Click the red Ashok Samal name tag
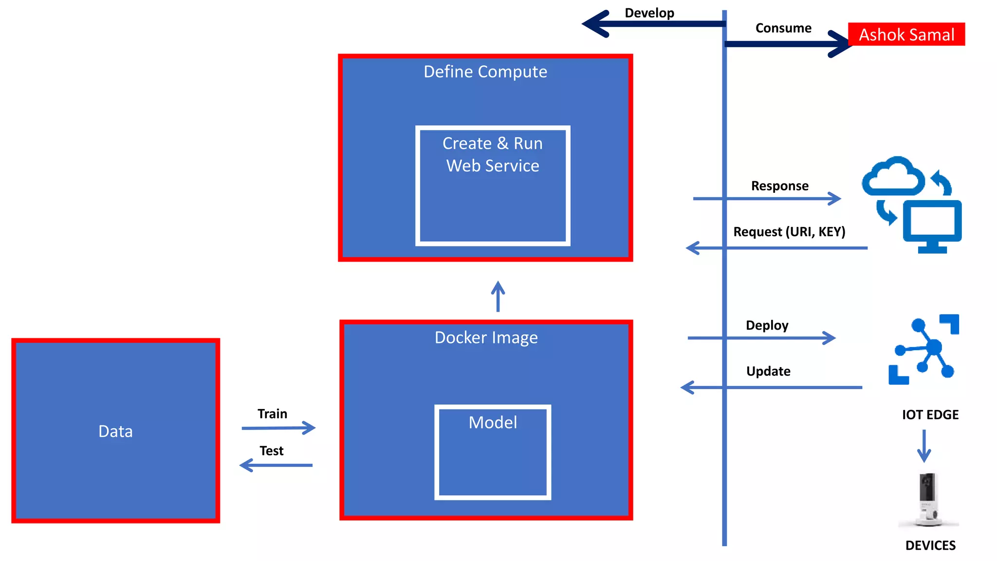tap(906, 34)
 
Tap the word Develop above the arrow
tap(649, 13)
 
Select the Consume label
tap(783, 28)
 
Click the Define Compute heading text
tap(485, 72)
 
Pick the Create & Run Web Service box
tap(492, 186)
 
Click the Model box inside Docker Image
tap(492, 452)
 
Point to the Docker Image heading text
tap(486, 337)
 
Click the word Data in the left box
tap(115, 431)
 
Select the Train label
tap(272, 413)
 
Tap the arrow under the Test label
tap(276, 465)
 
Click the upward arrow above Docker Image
tap(498, 296)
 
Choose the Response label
tap(779, 186)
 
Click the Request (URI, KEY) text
tap(789, 231)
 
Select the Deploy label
tap(767, 325)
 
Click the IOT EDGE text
tap(930, 414)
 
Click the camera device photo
tap(927, 499)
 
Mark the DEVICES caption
tap(930, 545)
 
